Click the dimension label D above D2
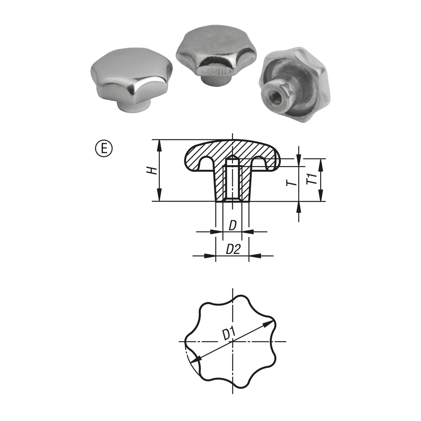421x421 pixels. (232, 226)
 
